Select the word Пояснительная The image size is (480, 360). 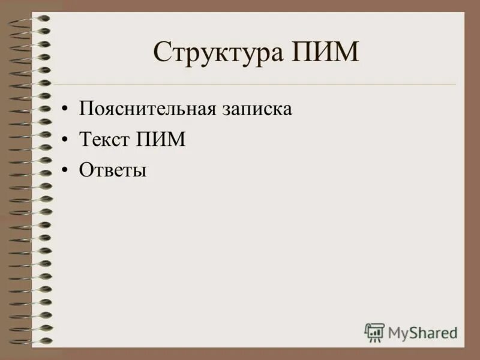[x=146, y=109]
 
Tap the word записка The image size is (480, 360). [x=256, y=110]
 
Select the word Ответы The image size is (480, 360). [x=113, y=170]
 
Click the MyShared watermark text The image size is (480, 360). [x=422, y=332]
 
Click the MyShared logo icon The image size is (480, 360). [x=374, y=332]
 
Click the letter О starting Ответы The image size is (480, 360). [x=85, y=170]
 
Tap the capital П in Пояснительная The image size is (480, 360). [x=85, y=109]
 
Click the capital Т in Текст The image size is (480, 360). [x=85, y=140]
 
